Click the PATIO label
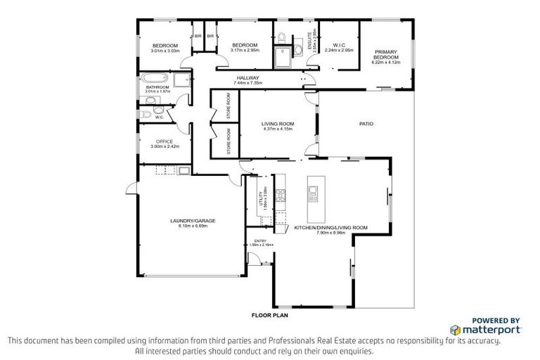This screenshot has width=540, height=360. (x=366, y=124)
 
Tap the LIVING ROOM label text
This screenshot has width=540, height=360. (x=277, y=124)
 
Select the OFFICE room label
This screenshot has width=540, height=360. (x=164, y=141)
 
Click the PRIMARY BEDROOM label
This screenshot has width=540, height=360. (x=386, y=54)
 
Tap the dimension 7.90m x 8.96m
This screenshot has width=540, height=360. (x=330, y=233)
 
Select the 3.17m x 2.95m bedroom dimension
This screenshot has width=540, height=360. (x=246, y=51)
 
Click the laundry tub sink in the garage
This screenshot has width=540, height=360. (x=184, y=170)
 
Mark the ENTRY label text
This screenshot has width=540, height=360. (x=260, y=241)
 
